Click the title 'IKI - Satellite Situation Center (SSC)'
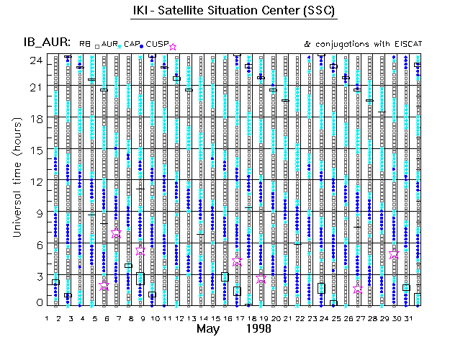point(234,11)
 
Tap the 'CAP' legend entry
point(132,44)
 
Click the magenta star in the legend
point(172,47)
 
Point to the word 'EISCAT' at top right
point(405,44)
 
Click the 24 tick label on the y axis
point(35,60)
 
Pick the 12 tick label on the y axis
point(35,181)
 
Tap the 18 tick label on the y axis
point(35,119)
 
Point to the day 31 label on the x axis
point(407,318)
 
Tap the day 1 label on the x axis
point(47,318)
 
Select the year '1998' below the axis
point(258,330)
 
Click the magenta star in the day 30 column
point(394,255)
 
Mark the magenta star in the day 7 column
point(116,234)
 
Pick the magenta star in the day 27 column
point(358,289)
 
